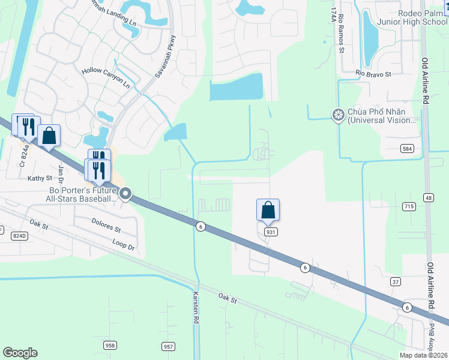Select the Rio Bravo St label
coord(373,74)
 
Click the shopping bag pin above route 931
coord(268,211)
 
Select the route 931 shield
coord(270,232)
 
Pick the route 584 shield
coord(408,148)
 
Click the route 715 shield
coord(409,206)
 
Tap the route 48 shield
coord(428,197)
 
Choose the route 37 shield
coord(395,281)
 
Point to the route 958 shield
coord(110,346)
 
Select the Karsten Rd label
coord(195,308)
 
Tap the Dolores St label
coord(106,229)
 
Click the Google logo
coord(20,353)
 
